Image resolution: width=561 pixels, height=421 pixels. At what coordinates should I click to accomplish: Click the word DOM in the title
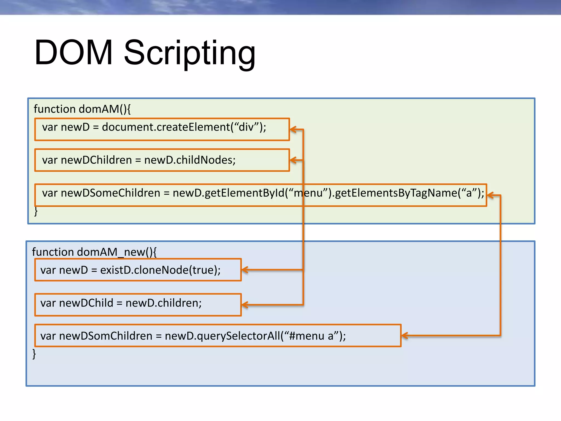[x=73, y=53]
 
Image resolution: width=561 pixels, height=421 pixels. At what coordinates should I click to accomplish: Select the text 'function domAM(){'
[x=82, y=109]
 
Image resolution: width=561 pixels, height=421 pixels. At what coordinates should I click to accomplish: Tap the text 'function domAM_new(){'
[x=94, y=252]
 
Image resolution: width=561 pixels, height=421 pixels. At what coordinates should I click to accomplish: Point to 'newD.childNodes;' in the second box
[x=190, y=160]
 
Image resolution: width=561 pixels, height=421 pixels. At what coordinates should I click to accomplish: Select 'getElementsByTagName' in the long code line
[x=396, y=193]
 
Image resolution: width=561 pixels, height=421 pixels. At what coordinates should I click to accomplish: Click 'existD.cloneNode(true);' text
[x=160, y=270]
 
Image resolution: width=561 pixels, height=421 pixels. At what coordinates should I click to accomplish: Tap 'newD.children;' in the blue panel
[x=164, y=303]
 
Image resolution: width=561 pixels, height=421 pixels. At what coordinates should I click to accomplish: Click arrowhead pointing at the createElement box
[x=293, y=129]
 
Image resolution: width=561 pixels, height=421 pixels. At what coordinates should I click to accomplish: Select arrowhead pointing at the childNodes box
[x=293, y=160]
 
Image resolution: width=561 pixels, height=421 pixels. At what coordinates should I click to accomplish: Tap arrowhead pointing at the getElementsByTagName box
[x=490, y=195]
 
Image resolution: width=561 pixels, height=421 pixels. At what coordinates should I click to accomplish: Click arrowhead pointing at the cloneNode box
[x=245, y=270]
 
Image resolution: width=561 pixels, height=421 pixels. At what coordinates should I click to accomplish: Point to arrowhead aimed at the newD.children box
[x=245, y=305]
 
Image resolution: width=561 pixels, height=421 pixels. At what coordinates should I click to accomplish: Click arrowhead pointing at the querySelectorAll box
[x=405, y=335]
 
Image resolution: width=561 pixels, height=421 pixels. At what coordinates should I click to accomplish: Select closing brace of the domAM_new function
[x=34, y=354]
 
